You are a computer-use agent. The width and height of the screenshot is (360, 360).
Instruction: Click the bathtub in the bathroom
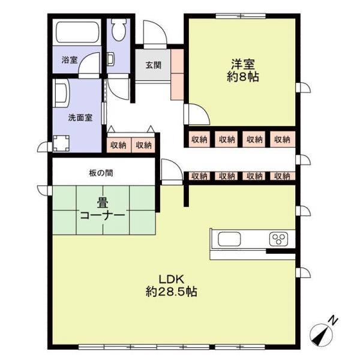click(77, 32)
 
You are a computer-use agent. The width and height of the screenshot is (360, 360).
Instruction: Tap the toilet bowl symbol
click(119, 31)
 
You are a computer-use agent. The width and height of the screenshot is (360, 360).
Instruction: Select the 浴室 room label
click(70, 60)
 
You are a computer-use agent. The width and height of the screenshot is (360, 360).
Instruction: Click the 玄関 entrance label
click(154, 65)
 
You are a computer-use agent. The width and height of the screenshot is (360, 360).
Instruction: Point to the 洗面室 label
click(80, 118)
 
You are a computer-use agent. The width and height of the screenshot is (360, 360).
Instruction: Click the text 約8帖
click(243, 77)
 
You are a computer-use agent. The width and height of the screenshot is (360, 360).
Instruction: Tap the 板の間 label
click(101, 173)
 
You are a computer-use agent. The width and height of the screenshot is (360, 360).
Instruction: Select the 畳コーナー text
click(103, 209)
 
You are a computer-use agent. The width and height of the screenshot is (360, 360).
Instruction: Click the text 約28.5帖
click(172, 292)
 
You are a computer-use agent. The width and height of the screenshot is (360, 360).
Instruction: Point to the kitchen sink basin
click(229, 239)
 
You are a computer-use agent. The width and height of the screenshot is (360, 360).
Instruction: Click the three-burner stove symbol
click(279, 239)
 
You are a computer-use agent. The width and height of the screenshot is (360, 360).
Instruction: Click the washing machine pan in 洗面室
click(61, 143)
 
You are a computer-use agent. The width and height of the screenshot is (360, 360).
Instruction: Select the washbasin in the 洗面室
click(60, 93)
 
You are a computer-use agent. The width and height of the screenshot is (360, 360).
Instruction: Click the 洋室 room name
click(243, 65)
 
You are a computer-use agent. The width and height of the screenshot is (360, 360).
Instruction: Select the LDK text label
click(172, 280)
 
